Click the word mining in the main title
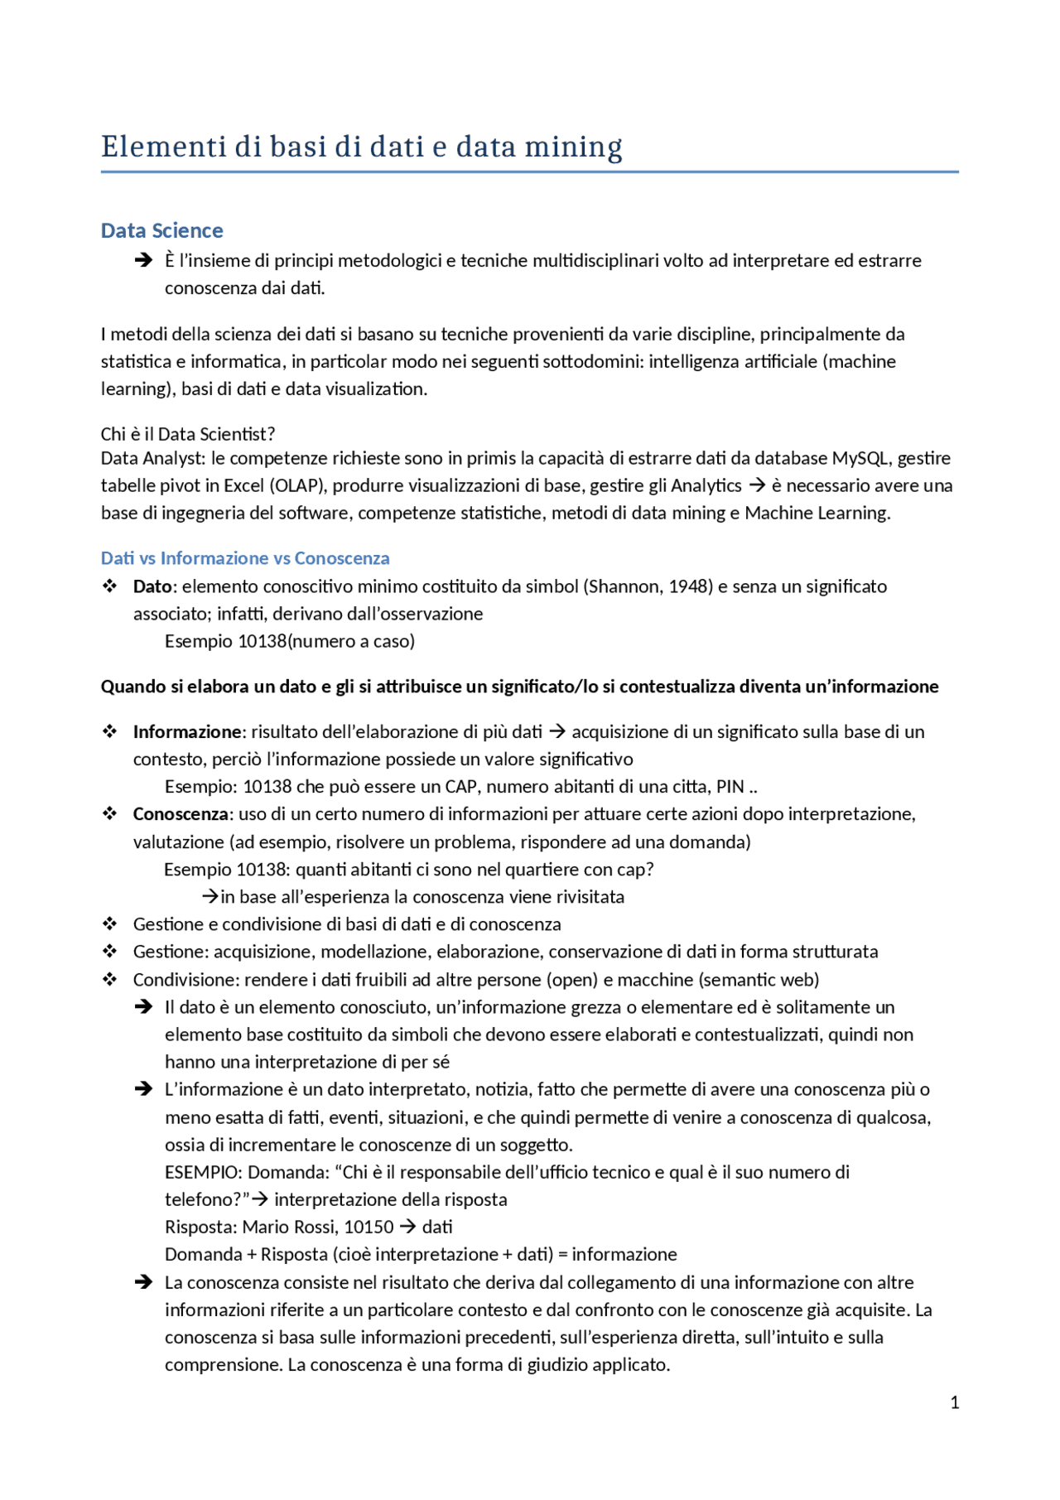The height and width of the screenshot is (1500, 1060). pos(573,147)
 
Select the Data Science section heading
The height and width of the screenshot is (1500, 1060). pos(162,230)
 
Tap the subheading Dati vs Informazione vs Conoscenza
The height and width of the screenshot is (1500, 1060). pos(245,558)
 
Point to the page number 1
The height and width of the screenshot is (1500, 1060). pos(955,1402)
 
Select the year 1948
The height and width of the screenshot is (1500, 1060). pos(689,586)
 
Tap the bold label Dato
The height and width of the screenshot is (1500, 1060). pos(152,586)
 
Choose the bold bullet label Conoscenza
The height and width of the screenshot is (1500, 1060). pos(180,814)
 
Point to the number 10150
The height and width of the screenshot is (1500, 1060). pos(369,1227)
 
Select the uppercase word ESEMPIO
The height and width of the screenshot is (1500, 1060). pos(203,1172)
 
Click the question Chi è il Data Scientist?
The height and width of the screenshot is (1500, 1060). pos(188,434)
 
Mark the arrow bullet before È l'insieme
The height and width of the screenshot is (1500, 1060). pos(143,260)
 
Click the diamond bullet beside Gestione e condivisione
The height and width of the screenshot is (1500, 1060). pos(110,924)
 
